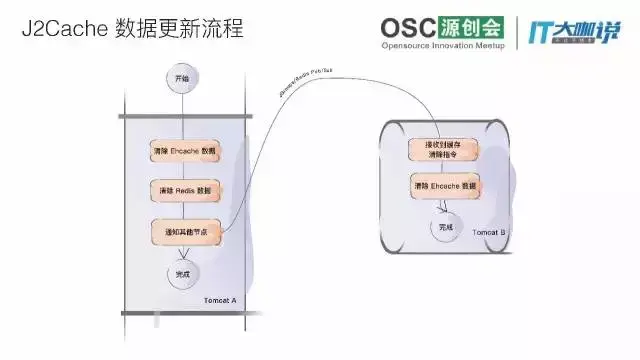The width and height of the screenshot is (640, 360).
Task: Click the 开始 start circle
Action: coord(181,78)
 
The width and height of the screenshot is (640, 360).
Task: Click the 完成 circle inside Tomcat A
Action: coord(182,272)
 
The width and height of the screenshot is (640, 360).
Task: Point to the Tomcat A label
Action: coord(218,300)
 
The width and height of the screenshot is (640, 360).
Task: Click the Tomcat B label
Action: coord(488,231)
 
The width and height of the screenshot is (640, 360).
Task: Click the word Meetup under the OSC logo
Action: coord(494,46)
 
